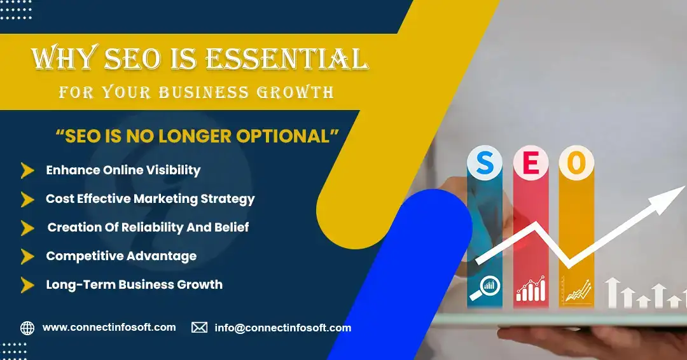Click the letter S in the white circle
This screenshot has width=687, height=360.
tap(485, 162)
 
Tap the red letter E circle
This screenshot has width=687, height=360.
tap(531, 162)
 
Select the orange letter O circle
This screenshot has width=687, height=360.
tap(576, 162)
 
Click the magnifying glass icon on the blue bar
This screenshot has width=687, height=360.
tap(485, 288)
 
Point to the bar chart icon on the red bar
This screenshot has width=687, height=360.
tap(531, 289)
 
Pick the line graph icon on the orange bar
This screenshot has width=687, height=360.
tap(578, 289)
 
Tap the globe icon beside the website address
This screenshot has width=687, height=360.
tap(27, 328)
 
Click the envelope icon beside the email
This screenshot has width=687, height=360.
tap(199, 327)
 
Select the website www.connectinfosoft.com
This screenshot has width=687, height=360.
tap(109, 327)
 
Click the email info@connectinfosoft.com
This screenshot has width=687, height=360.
tap(283, 328)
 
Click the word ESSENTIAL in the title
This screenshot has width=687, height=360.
tap(287, 59)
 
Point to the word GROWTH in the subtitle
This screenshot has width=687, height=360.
tap(295, 92)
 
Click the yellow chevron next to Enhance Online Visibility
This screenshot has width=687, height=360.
tap(27, 170)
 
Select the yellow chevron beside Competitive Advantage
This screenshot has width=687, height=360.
tap(27, 256)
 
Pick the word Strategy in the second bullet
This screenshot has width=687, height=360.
tap(227, 199)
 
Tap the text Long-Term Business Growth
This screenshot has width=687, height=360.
tap(134, 285)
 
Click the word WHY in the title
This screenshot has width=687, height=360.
tap(64, 58)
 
